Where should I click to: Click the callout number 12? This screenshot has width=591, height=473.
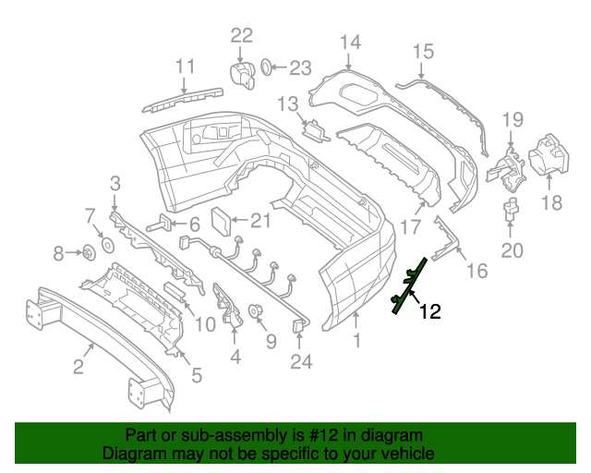(429, 312)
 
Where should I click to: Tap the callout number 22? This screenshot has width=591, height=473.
(241, 35)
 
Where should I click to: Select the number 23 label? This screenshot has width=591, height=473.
(301, 67)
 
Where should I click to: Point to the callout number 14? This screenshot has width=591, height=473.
(350, 42)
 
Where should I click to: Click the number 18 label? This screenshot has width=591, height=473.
(550, 202)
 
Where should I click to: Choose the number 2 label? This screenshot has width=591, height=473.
(78, 369)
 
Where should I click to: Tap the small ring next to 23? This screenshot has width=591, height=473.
(265, 67)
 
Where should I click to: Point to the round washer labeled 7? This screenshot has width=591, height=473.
(105, 245)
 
